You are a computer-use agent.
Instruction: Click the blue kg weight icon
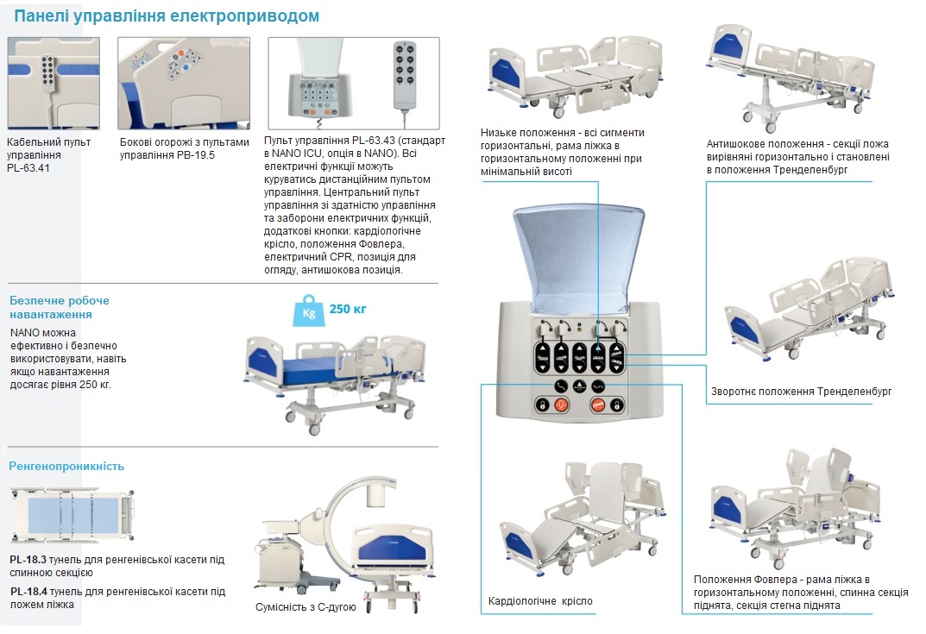tap(309, 311)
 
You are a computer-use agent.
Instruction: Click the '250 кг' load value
tap(348, 310)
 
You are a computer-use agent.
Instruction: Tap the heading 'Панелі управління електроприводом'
tap(167, 16)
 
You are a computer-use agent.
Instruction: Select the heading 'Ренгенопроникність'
tap(66, 467)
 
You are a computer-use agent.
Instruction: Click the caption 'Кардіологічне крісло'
tap(540, 601)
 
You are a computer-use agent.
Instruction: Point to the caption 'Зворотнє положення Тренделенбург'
tap(802, 392)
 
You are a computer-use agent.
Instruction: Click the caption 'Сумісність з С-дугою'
tap(306, 607)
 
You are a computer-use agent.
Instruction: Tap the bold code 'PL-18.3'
tap(28, 560)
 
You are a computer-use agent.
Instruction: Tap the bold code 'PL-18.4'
tap(28, 592)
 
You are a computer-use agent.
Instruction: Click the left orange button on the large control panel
tap(561, 405)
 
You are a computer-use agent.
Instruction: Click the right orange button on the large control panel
tap(598, 405)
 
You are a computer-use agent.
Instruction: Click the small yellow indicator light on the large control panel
tap(579, 326)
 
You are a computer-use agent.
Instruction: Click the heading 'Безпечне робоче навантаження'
tap(60, 308)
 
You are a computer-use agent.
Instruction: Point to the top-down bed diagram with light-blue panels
tap(72, 513)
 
